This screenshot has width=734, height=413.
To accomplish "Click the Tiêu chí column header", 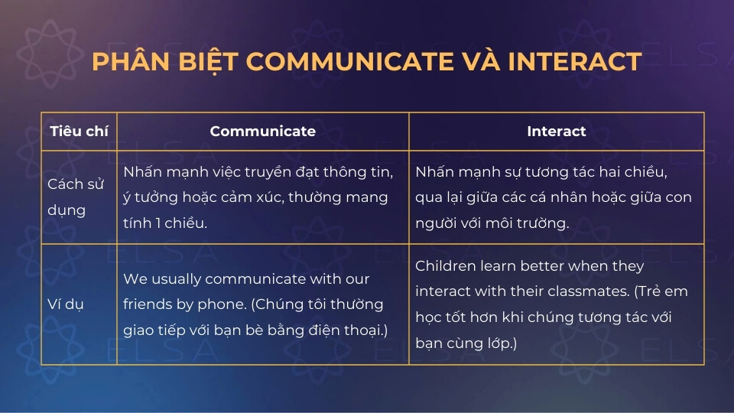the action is tap(79, 131).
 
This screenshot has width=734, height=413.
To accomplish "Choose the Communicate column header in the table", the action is tap(262, 131).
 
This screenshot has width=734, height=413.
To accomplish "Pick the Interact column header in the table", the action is tap(556, 131).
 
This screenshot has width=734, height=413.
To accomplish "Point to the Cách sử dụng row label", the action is tap(76, 197).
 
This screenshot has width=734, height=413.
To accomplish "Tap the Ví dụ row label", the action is tap(66, 304).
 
